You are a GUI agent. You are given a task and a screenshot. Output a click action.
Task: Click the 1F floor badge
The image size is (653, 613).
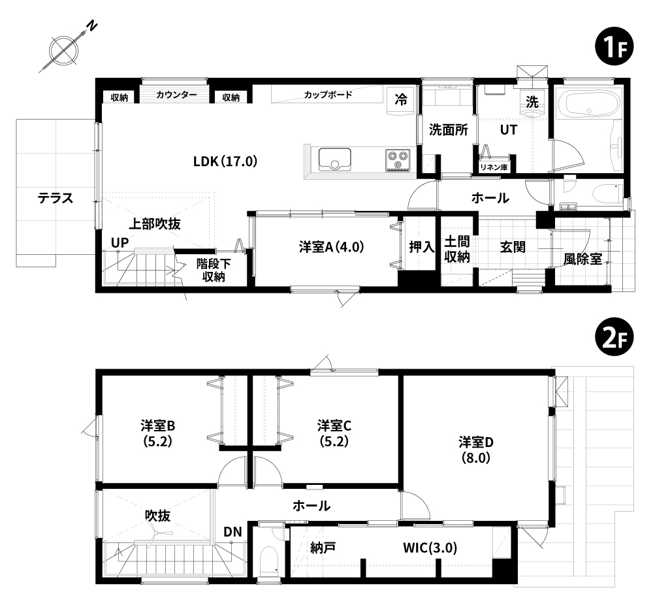[x=614, y=48]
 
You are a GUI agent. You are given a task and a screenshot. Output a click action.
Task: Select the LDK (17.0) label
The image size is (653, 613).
[x=225, y=161]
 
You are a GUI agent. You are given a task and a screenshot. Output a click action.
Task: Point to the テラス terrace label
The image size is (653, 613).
[x=56, y=198]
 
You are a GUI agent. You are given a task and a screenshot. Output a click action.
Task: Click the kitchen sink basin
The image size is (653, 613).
[x=335, y=159]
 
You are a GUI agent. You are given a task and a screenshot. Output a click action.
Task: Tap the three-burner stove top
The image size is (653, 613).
[x=398, y=160]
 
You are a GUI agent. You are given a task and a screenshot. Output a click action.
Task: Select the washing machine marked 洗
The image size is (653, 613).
[x=532, y=102]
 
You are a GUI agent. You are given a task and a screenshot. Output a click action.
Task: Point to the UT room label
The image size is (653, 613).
[x=508, y=130]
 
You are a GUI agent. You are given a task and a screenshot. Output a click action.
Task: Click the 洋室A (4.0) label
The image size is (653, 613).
[x=332, y=247]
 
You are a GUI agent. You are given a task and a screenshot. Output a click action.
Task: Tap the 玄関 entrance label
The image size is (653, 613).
[x=513, y=247]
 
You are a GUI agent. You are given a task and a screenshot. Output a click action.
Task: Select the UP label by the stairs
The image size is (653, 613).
[x=119, y=242]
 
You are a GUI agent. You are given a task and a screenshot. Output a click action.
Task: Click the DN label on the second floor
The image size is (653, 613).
[x=232, y=532]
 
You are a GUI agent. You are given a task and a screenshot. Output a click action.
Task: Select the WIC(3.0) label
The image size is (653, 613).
[x=430, y=548]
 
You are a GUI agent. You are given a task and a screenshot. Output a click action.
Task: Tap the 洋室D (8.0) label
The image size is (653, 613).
[x=475, y=450]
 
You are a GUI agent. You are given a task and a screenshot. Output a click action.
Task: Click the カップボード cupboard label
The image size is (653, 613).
[x=328, y=95]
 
